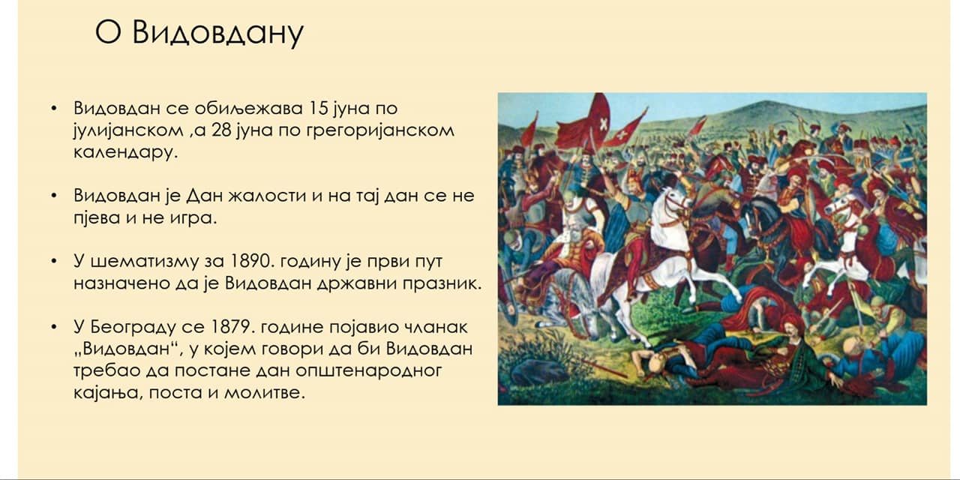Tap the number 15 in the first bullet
[317, 108]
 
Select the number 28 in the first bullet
[222, 130]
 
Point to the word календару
[125, 153]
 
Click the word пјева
[97, 218]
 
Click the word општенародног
[368, 371]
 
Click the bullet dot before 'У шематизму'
[53, 261]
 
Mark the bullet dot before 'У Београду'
[53, 327]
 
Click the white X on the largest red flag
[604, 124]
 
